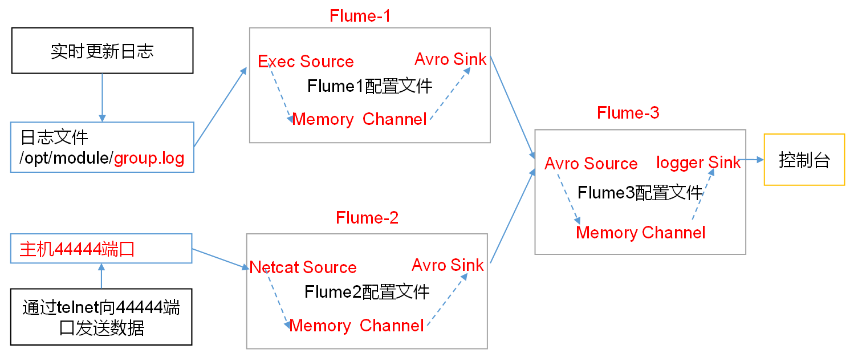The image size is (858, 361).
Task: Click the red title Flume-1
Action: pos(360,15)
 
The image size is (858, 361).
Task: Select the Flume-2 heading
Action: pos(367,217)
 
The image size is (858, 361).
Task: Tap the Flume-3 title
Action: pos(628,113)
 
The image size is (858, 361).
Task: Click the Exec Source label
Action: pos(306,62)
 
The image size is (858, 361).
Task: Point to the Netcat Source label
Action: pos(303,267)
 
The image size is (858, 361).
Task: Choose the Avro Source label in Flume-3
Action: pos(591,164)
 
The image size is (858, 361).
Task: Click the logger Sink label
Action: pos(698,163)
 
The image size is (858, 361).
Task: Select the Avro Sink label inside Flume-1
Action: pos(450,59)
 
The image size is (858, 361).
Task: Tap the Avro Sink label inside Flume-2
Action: pos(448,265)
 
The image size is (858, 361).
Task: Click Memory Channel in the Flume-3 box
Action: pos(640,233)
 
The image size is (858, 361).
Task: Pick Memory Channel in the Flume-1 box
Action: pos(359,119)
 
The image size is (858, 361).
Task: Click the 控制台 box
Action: pos(804,160)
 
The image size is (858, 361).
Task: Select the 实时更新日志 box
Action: pos(102,51)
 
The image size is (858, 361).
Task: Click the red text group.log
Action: pos(149,158)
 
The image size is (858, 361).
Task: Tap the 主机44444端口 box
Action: pos(101,248)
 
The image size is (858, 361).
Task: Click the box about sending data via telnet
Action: pos(101,317)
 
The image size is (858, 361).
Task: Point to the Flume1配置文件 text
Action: pos(369,86)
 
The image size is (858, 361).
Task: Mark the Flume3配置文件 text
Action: pos(640,193)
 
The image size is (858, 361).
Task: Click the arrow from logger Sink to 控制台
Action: pos(752,160)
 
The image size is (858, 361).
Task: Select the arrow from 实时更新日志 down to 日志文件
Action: pos(102,97)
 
